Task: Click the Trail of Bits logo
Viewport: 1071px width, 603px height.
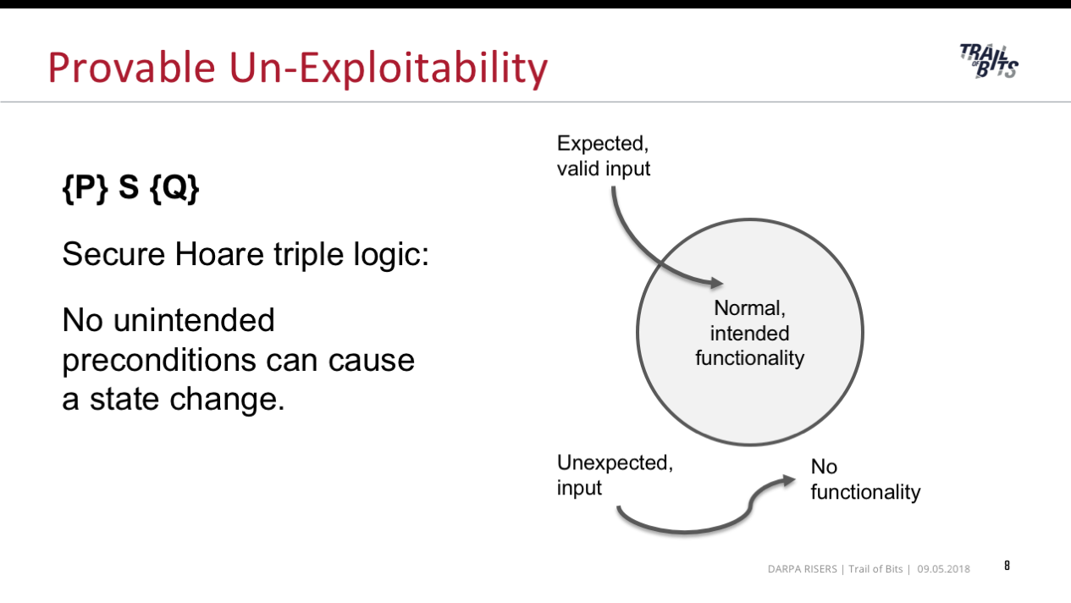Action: coord(989,61)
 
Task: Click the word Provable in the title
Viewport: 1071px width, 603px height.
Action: coord(131,68)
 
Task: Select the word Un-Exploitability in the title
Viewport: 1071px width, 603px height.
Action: coord(389,69)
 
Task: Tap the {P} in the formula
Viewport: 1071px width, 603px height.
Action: coord(86,188)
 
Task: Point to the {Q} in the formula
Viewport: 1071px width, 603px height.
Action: coord(174,188)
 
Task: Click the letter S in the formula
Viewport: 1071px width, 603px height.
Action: coord(129,187)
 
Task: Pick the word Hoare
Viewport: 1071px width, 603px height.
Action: coord(219,254)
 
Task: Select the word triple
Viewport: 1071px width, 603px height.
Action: coord(308,255)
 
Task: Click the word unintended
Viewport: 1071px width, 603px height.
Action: coord(194,320)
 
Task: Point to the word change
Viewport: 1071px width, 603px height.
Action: coord(227,400)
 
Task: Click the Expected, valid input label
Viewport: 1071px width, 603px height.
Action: coord(604,156)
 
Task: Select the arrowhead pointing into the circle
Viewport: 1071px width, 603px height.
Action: coord(716,283)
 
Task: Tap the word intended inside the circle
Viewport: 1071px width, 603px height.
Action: coord(749,334)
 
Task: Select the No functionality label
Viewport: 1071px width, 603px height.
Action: coord(865,479)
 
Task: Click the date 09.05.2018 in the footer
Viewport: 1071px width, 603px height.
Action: coord(943,569)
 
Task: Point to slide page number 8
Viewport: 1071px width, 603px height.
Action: coord(1007,566)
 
